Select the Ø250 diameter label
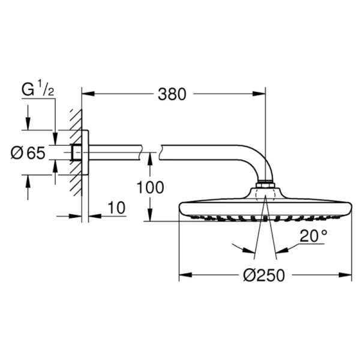[x=263, y=275]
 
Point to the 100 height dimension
[x=149, y=188]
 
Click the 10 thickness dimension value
[x=117, y=208]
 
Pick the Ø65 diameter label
[x=28, y=154]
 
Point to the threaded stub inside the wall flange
[x=76, y=154]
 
